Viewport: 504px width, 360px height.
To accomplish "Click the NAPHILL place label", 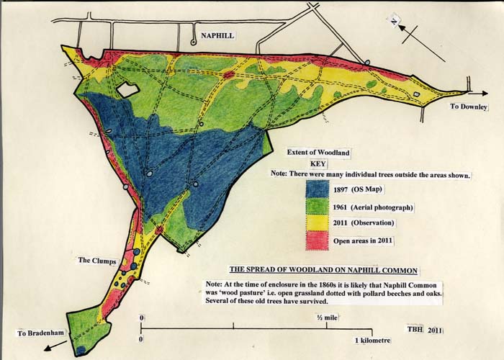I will [219, 34].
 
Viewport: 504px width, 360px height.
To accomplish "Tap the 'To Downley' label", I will [469, 107].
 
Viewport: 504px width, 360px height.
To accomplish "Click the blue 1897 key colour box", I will [318, 189].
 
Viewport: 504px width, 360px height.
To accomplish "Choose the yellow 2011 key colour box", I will [318, 224].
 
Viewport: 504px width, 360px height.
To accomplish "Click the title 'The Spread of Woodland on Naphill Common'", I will [323, 271].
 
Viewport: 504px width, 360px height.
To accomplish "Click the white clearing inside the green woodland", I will [126, 90].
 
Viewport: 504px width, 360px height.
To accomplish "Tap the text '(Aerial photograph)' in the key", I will [384, 207].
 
